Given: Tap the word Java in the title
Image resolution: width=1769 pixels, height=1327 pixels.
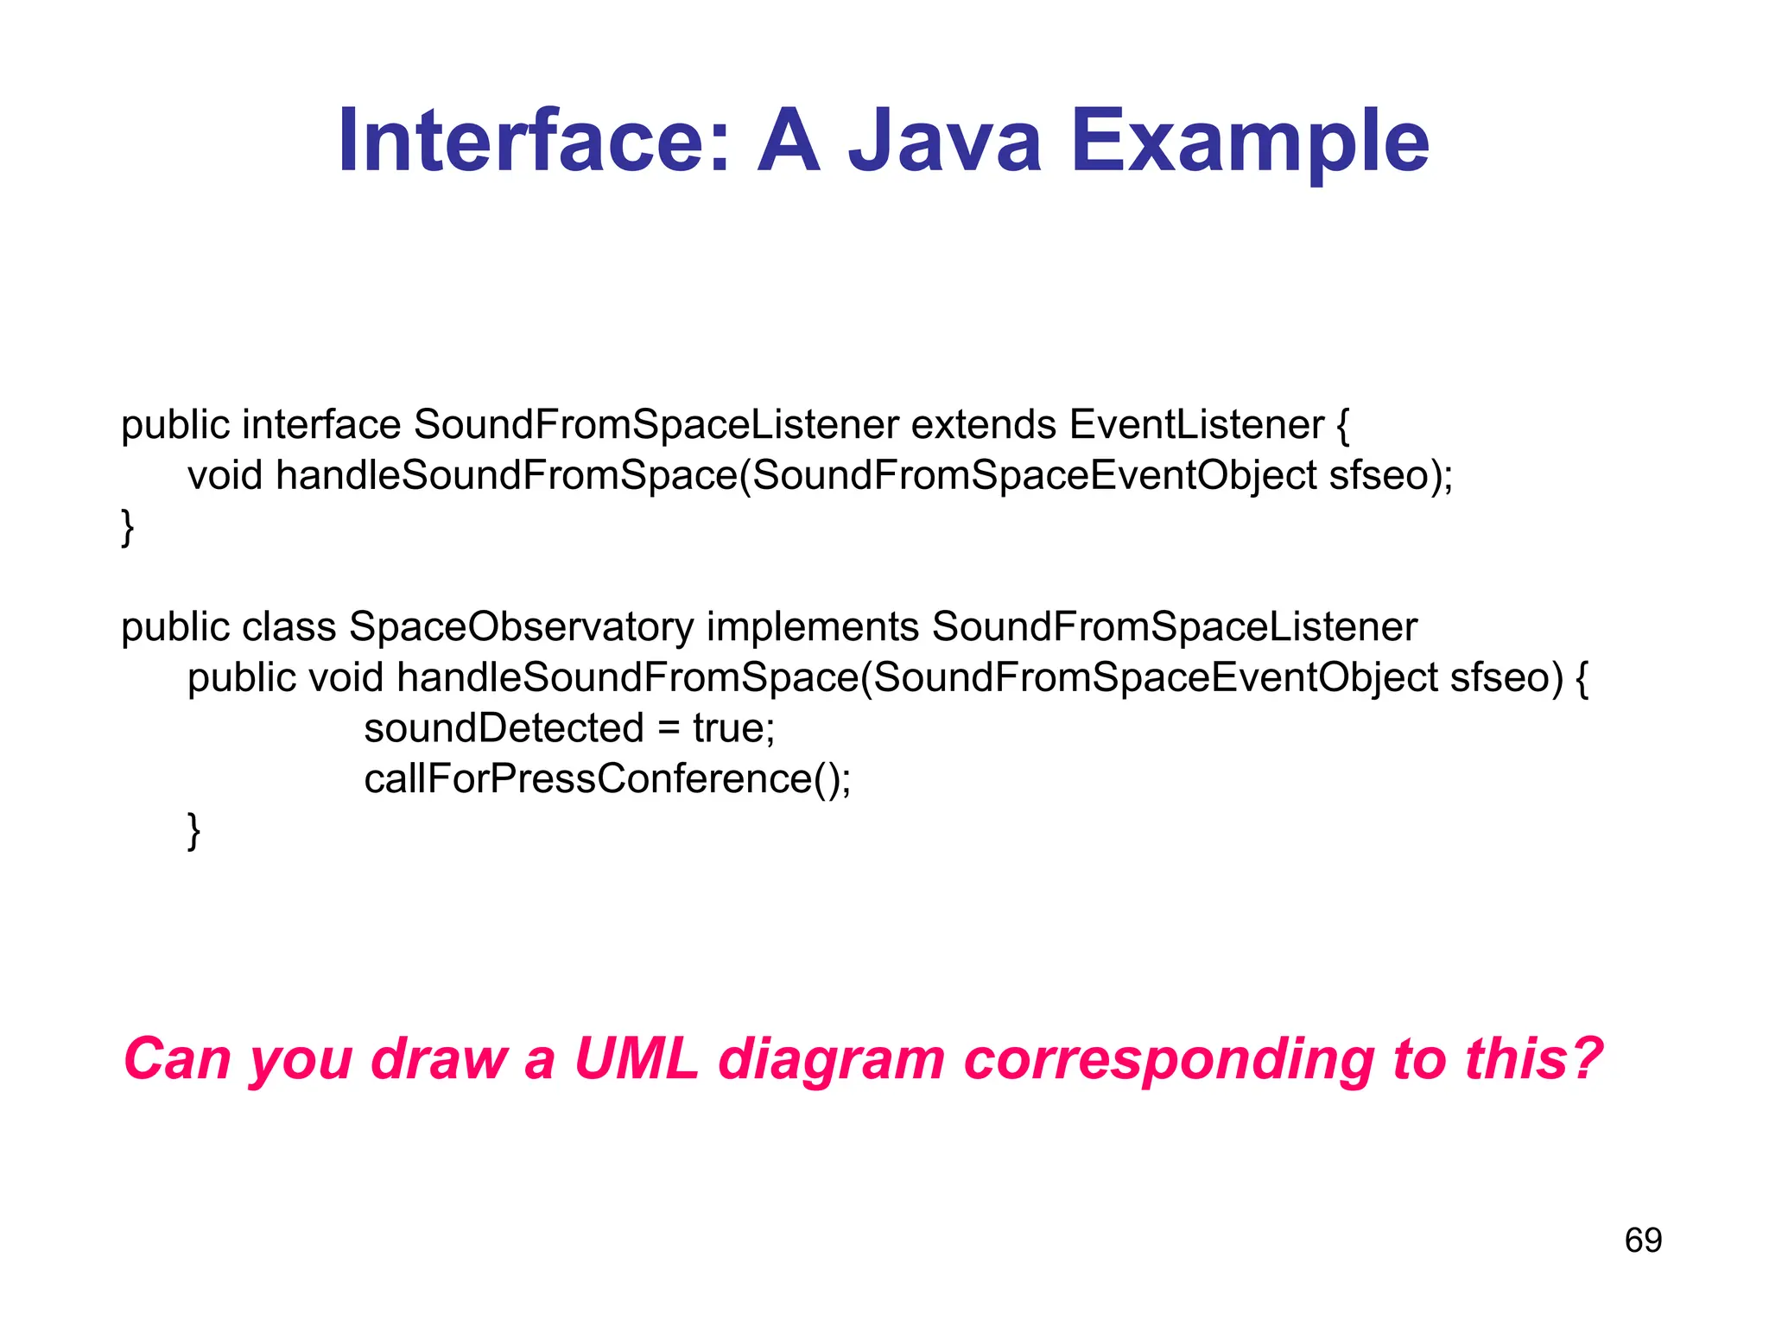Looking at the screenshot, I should click(x=945, y=141).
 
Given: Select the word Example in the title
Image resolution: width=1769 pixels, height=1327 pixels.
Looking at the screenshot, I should click(x=1249, y=141).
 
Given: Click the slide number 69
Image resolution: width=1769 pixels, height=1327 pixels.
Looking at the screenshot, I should click(x=1643, y=1241).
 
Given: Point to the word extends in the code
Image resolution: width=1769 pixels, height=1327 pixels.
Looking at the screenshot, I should click(x=984, y=425).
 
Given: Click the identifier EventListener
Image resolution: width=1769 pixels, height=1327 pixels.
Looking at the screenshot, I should click(x=1196, y=425).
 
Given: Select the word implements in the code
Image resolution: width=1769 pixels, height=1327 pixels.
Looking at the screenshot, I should click(x=812, y=627).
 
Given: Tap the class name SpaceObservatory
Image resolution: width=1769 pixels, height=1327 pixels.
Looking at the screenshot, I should click(x=521, y=627).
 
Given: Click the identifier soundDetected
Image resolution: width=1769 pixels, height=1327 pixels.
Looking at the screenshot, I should click(x=504, y=728).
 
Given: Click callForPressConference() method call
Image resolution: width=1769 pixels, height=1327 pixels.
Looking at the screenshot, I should click(x=607, y=779).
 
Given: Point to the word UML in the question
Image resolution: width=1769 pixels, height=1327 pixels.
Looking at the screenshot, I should click(x=637, y=1059).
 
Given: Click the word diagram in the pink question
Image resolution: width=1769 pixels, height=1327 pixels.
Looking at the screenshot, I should click(x=831, y=1059).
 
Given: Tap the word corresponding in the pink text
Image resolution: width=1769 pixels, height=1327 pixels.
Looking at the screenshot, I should click(x=1168, y=1059).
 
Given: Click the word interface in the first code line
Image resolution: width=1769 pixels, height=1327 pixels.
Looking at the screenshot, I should click(x=321, y=425).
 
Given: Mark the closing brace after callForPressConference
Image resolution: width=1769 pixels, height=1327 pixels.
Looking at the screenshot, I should click(x=194, y=831).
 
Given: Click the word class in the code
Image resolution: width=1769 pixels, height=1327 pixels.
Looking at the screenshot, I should click(x=288, y=627).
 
